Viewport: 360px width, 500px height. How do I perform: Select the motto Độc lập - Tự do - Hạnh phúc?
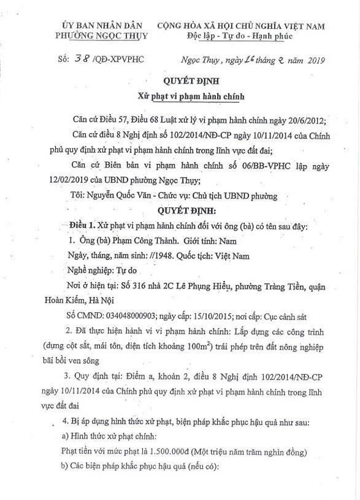pyautogui.click(x=240, y=36)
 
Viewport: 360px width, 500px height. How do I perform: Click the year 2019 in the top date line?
pyautogui.click(x=313, y=60)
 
